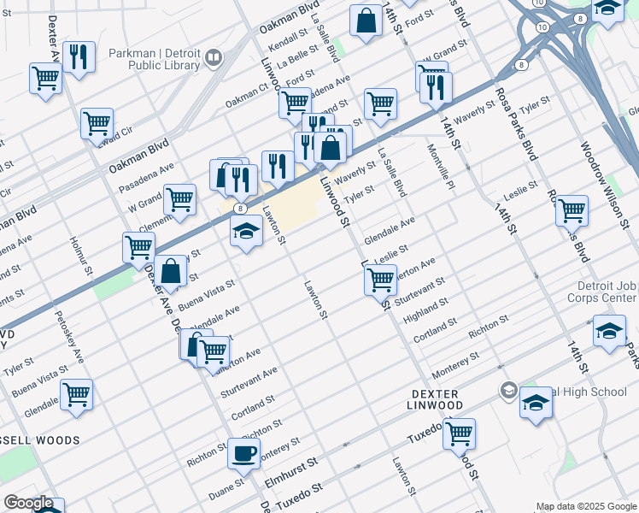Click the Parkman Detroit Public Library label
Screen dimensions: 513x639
point(155,59)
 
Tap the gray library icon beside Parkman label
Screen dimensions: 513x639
point(214,58)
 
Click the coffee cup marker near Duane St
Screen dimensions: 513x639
point(243,454)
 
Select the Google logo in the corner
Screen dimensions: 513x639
point(28,503)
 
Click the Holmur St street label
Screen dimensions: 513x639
point(82,257)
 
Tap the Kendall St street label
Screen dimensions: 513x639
point(286,40)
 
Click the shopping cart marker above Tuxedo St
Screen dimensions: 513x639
point(460,433)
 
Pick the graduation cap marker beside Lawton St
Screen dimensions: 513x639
point(246,231)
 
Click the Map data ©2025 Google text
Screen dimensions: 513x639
point(585,506)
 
